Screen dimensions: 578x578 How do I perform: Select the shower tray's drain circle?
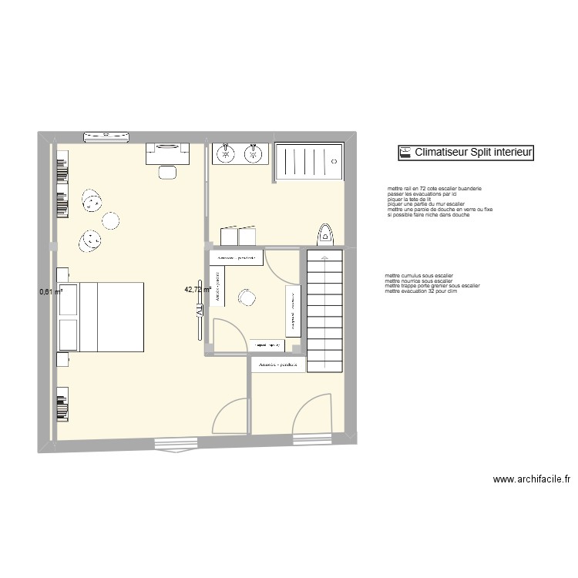(334, 161)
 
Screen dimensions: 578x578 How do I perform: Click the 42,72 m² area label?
(197, 290)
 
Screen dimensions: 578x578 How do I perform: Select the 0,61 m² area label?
(52, 291)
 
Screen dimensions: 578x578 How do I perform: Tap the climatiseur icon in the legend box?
(405, 153)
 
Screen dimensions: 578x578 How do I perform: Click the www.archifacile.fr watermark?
(531, 479)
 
